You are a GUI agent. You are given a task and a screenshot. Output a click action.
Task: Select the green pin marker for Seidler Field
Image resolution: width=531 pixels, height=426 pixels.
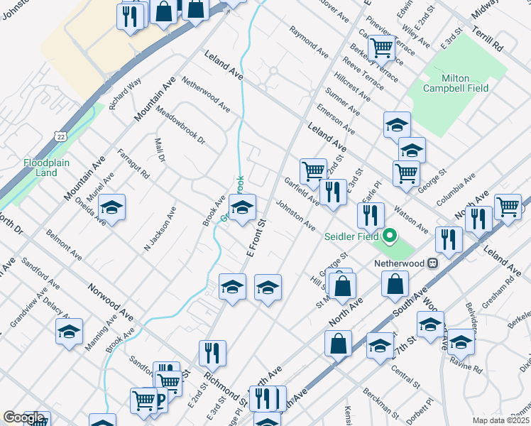coord(389,236)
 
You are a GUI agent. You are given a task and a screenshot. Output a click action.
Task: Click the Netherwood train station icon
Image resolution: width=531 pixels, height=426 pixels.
coord(432,263)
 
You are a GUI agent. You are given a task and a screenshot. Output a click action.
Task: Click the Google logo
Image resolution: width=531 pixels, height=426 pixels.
coord(23,418)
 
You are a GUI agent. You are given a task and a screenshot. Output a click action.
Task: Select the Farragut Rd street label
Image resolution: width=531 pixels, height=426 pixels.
coord(134,163)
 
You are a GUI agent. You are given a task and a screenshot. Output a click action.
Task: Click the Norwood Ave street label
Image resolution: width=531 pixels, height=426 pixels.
coord(111,302)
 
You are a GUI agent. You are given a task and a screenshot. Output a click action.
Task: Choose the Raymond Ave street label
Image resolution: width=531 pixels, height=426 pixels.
coord(309,42)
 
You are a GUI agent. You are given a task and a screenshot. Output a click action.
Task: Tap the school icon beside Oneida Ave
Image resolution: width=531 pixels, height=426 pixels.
coord(111,208)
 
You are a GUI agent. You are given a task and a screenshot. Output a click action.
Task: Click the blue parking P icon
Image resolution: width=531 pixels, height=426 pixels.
coord(159,403)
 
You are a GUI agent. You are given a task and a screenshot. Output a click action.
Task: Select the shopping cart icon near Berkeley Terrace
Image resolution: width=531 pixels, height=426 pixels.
coord(382,47)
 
